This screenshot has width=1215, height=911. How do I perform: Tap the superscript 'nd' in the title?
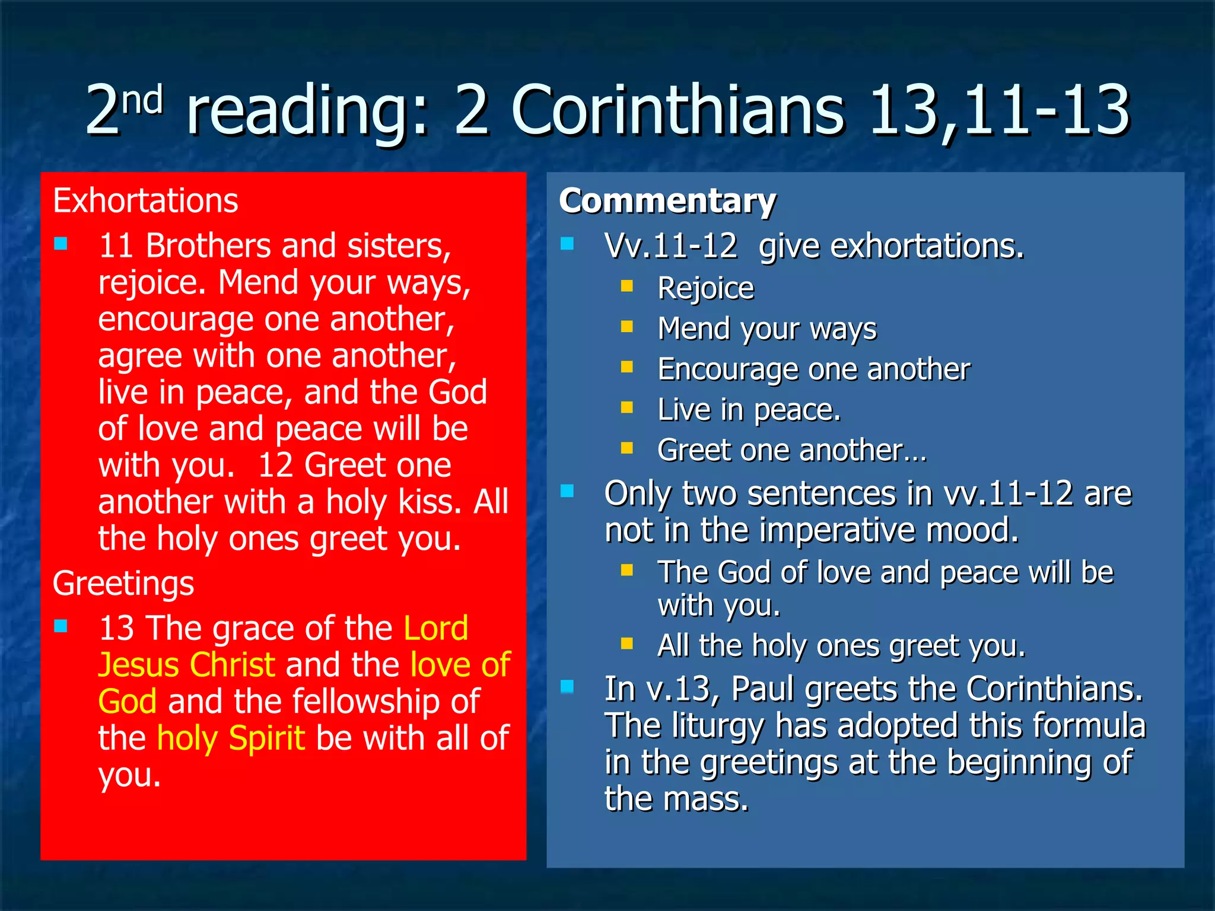[142, 100]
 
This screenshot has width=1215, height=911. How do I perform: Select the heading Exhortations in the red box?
[145, 200]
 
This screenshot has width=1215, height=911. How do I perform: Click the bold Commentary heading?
[667, 200]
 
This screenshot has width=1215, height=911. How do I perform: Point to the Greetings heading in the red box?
[123, 583]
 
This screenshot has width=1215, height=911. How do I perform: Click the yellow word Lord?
[435, 628]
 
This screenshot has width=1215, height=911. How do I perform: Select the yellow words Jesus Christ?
[186, 665]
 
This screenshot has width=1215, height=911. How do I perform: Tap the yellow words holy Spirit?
[231, 738]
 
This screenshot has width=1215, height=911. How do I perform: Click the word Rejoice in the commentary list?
[705, 289]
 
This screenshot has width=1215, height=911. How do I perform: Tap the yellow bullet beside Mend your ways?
[627, 327]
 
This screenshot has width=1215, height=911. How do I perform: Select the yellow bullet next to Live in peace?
[627, 407]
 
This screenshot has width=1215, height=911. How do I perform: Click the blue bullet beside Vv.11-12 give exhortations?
[567, 244]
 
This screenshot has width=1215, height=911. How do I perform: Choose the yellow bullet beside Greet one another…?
[627, 448]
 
